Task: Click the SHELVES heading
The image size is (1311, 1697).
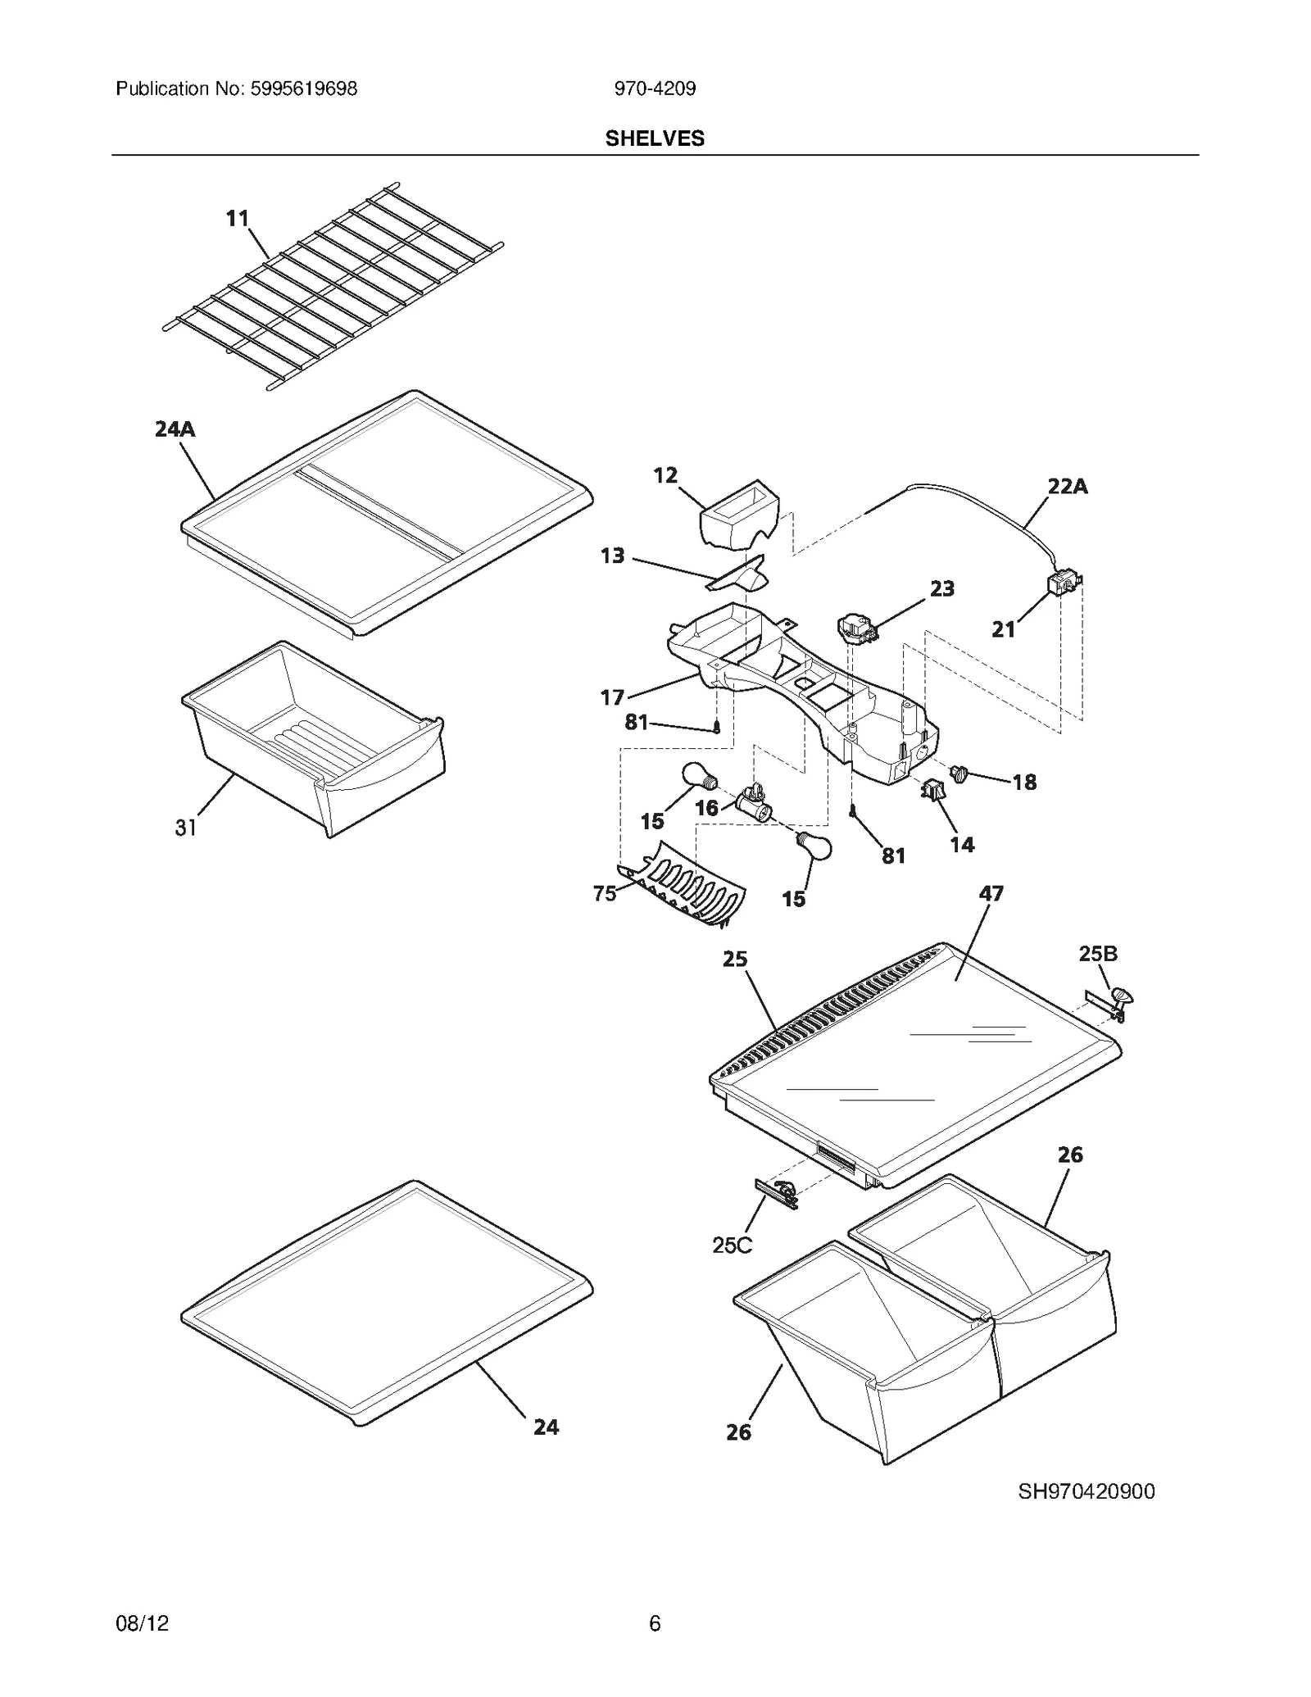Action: [655, 138]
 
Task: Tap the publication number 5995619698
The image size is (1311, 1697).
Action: [301, 88]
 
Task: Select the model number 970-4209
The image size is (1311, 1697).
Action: [655, 88]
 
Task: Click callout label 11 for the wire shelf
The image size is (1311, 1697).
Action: [238, 218]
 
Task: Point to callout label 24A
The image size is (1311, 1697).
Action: [175, 429]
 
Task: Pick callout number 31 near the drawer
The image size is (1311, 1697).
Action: [186, 828]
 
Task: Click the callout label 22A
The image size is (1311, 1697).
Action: [1068, 486]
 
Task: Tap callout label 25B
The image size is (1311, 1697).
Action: [1098, 954]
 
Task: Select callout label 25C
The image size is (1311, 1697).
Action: [732, 1245]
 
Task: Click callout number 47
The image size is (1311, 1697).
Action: [991, 893]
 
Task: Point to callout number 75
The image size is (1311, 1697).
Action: [605, 893]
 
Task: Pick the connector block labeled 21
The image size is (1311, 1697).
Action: [1063, 583]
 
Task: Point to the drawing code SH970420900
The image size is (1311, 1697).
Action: [1086, 1491]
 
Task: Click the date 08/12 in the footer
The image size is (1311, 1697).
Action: [143, 1623]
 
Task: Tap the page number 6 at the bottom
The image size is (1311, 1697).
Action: [655, 1623]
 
